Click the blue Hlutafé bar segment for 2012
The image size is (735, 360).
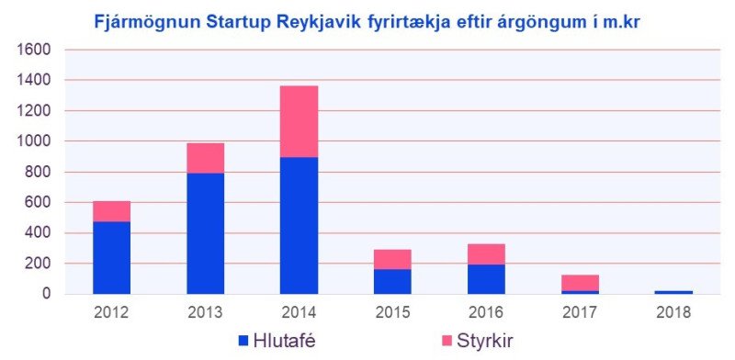pyautogui.click(x=111, y=257)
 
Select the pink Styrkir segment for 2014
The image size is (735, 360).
pyautogui.click(x=299, y=121)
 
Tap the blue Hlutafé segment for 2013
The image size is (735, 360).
pyautogui.click(x=205, y=233)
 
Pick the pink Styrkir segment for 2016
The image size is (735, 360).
pyautogui.click(x=486, y=254)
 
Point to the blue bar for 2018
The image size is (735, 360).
pyautogui.click(x=673, y=291)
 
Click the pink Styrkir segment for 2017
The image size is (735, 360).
pyautogui.click(x=580, y=283)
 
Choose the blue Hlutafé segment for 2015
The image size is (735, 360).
pyautogui.click(x=392, y=281)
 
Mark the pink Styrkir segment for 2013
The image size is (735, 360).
pyautogui.click(x=205, y=158)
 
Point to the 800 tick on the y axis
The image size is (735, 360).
pyautogui.click(x=40, y=172)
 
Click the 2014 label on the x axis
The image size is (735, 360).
pyautogui.click(x=299, y=312)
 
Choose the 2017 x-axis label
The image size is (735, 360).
pyautogui.click(x=580, y=312)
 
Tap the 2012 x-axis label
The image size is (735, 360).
pyautogui.click(x=111, y=312)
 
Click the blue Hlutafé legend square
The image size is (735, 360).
pyautogui.click(x=244, y=341)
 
